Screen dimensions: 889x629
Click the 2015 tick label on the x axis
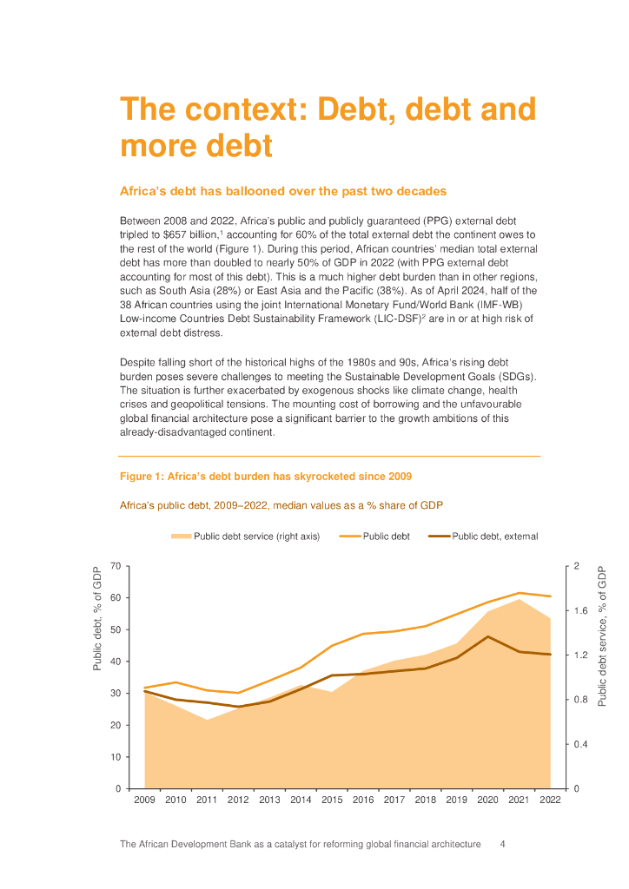(332, 800)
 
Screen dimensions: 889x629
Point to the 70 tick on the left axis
(116, 566)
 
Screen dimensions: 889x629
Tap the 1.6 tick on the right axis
(581, 611)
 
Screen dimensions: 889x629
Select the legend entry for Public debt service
(246, 537)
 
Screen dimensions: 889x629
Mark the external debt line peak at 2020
(487, 636)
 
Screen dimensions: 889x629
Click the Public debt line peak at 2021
(519, 593)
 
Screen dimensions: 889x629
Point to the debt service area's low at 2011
(207, 720)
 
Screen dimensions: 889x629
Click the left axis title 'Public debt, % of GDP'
(97, 618)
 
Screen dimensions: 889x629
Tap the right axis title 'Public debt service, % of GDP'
(602, 635)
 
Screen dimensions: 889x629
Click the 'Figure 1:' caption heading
(141, 477)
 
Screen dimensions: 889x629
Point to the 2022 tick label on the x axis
(550, 800)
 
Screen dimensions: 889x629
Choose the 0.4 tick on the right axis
(581, 744)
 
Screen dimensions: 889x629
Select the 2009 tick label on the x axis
(144, 800)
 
